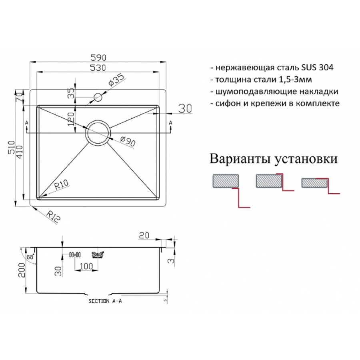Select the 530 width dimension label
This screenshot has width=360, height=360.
pos(98,68)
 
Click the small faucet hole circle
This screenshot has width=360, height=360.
pos(98,97)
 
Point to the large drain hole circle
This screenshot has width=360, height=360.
pos(98,132)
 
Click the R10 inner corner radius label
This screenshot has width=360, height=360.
pos(62,185)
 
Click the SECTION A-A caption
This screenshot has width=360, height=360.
pos(105,302)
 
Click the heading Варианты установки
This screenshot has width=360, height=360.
pos(273,159)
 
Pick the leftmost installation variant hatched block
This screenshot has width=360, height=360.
pos(226,181)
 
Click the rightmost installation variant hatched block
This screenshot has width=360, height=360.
pos(314,183)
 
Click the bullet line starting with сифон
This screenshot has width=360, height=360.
pos(274,103)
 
